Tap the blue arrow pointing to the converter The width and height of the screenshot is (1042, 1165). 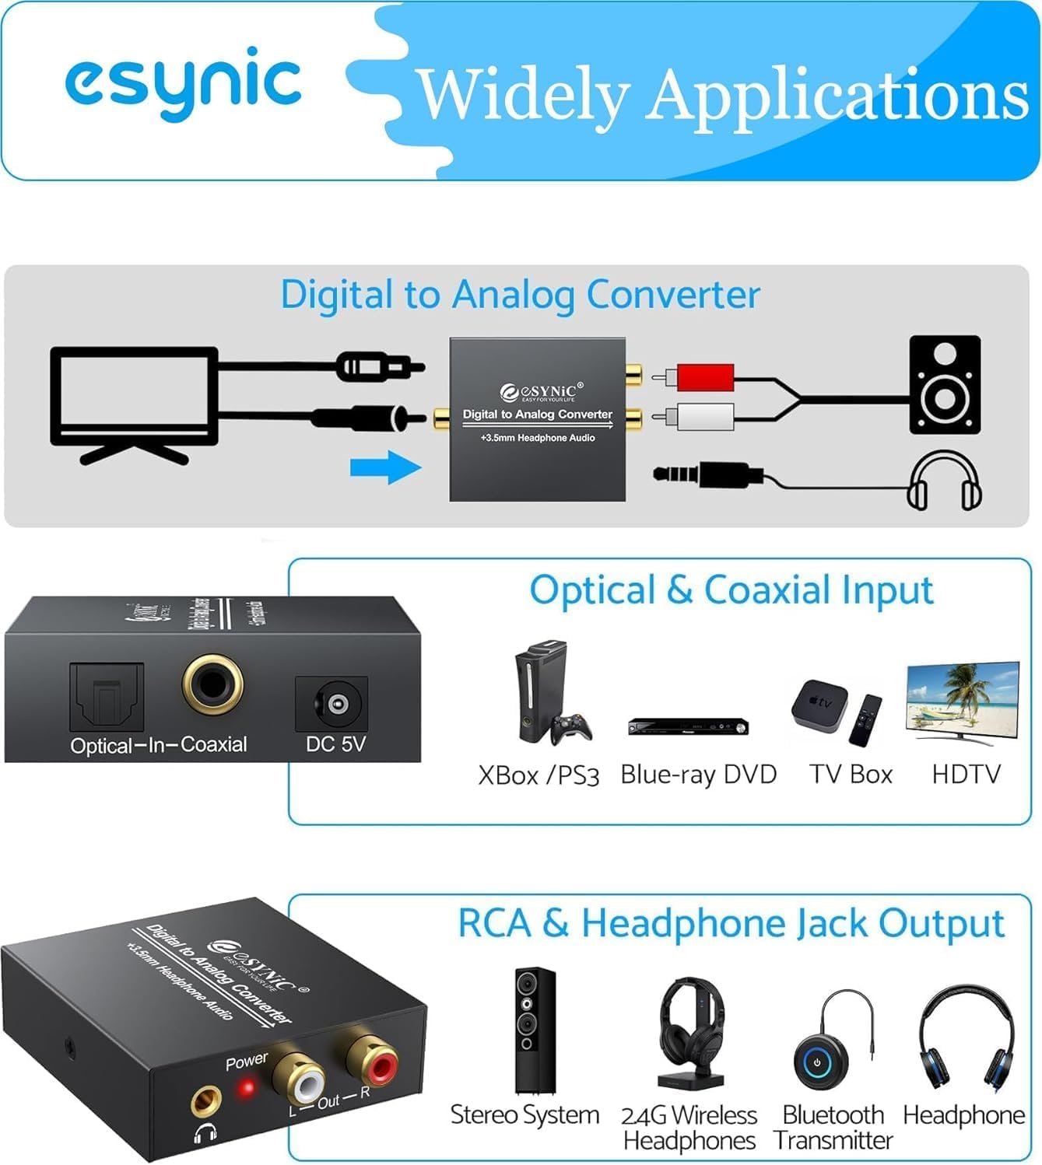tap(385, 467)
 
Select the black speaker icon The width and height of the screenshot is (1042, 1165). tap(945, 384)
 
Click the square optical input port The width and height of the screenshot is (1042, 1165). tap(107, 696)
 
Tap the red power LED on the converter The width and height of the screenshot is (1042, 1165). tap(247, 1087)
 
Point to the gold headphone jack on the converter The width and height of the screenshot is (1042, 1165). tap(205, 1100)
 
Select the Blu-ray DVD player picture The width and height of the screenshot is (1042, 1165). tap(688, 726)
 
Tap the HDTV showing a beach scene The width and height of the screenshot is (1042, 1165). tap(963, 701)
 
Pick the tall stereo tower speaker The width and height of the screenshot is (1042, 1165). tap(535, 1030)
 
